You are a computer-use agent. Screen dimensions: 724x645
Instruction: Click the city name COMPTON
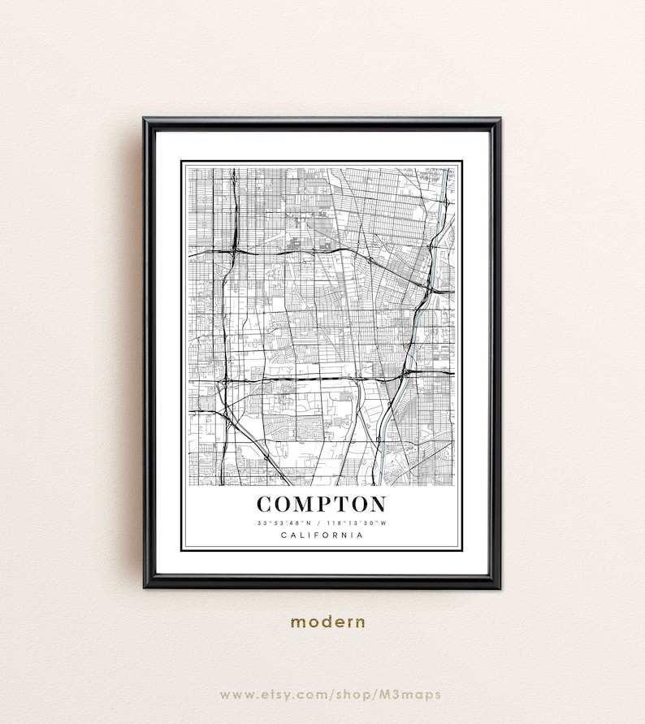tap(322, 505)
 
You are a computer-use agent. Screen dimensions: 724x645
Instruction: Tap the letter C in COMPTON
tap(266, 505)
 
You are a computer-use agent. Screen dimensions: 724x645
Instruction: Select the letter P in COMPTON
tap(324, 505)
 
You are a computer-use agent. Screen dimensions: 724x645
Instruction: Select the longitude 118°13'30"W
tap(358, 522)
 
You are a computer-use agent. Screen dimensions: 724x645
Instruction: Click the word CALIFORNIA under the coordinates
tap(322, 535)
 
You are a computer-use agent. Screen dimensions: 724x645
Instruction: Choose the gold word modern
tap(328, 622)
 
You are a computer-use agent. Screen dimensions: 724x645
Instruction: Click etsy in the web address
tap(278, 694)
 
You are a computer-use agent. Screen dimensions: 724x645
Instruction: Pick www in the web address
tap(235, 694)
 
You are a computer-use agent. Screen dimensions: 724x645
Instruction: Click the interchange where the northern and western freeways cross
tap(232, 252)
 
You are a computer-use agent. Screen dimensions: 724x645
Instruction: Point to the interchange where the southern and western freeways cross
tap(223, 379)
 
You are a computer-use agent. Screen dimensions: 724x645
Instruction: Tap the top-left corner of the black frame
tap(145, 120)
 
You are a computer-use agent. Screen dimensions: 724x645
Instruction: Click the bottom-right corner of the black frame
tap(498, 585)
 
